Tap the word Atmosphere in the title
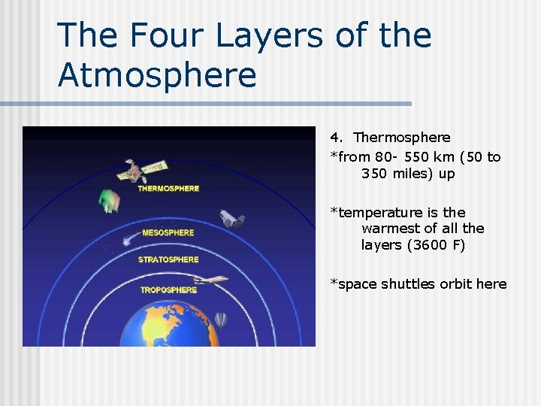tap(157, 75)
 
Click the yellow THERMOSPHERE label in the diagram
tap(168, 189)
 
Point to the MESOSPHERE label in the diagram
tap(168, 233)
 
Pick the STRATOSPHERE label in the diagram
tap(168, 260)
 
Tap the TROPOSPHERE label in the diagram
tap(168, 289)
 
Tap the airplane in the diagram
tap(213, 280)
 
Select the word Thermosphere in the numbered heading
tap(402, 138)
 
